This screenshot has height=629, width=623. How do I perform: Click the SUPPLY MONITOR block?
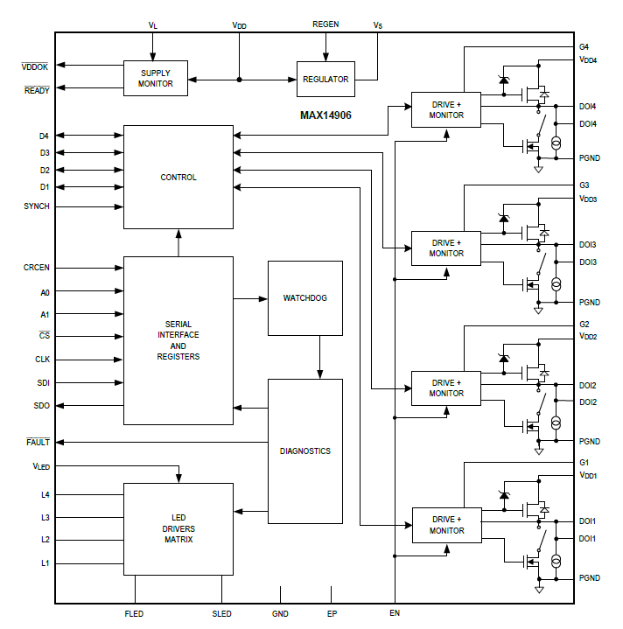(x=156, y=79)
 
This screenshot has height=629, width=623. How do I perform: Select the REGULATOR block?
(x=325, y=80)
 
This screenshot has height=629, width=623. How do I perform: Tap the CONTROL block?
(x=178, y=178)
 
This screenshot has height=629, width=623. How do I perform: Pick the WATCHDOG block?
(x=304, y=298)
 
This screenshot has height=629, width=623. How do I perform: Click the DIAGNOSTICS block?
(x=304, y=451)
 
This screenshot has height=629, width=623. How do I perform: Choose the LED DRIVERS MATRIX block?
(x=178, y=529)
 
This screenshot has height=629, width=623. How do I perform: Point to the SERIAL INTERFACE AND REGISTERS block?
(x=178, y=340)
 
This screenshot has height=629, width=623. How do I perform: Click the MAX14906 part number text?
(x=325, y=115)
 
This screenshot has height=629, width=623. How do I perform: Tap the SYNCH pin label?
(x=37, y=206)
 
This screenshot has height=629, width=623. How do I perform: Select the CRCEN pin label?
(x=37, y=267)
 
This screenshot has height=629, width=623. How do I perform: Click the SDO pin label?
(x=41, y=406)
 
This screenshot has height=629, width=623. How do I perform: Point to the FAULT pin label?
(x=38, y=443)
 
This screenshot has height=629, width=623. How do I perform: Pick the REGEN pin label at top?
(x=325, y=24)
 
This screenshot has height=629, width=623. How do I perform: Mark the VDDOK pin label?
(x=35, y=66)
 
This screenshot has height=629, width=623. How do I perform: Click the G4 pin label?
(x=584, y=46)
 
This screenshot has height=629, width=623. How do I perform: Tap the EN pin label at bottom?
(x=395, y=613)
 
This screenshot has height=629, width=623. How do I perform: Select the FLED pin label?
(x=134, y=614)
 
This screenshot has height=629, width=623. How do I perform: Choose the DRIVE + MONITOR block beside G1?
(x=446, y=525)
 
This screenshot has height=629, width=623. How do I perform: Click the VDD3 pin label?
(x=587, y=199)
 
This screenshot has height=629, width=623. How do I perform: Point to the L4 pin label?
(x=45, y=495)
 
